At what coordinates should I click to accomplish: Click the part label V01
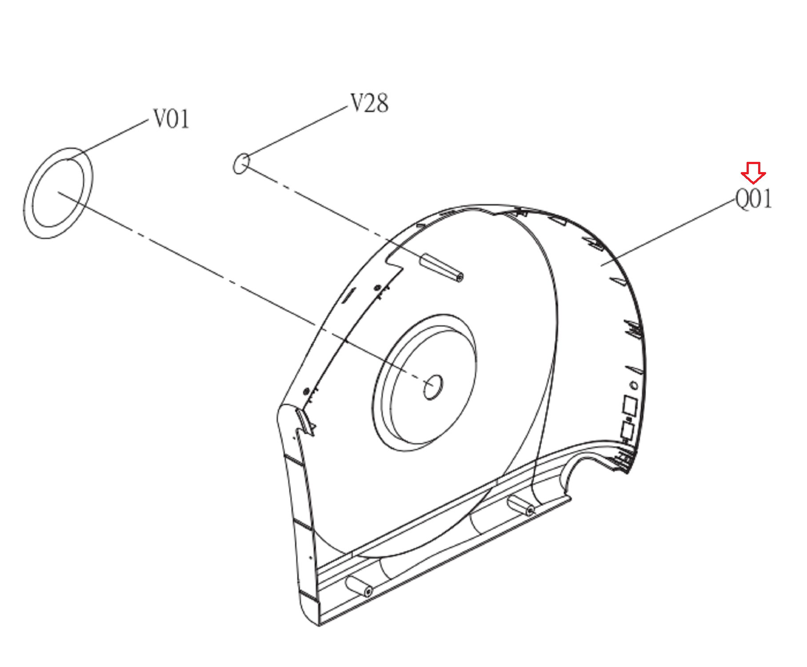(171, 119)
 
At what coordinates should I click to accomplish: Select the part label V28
(369, 103)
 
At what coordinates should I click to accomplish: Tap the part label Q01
(754, 198)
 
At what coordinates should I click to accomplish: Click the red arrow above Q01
(753, 173)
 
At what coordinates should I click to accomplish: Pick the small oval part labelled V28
(241, 164)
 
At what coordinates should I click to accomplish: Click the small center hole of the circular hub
(433, 387)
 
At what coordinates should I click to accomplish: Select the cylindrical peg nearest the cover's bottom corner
(360, 587)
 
